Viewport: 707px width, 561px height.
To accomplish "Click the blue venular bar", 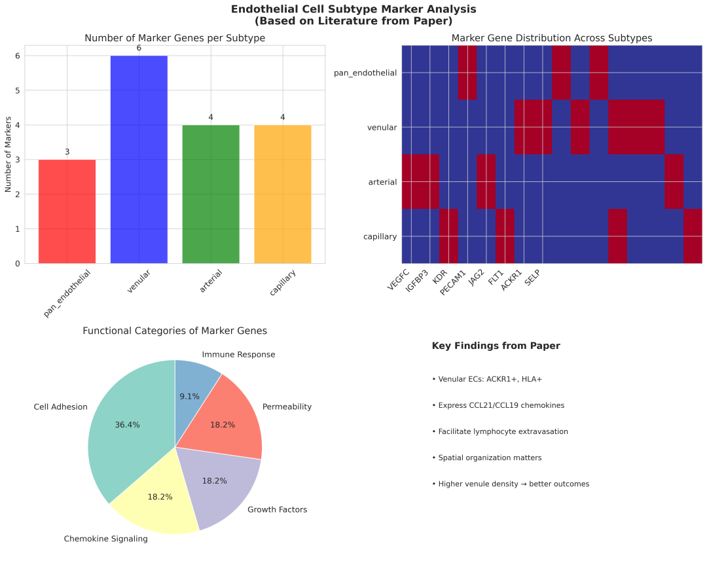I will pyautogui.click(x=139, y=160).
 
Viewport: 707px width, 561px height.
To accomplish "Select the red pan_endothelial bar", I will pyautogui.click(x=67, y=211).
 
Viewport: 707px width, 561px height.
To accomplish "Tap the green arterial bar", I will pyautogui.click(x=211, y=194).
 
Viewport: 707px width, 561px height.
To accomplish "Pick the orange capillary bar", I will pyautogui.click(x=282, y=194).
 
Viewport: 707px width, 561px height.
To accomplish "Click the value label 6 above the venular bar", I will pyautogui.click(x=139, y=48).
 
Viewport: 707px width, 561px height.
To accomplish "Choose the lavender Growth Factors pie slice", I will pyautogui.click(x=219, y=484).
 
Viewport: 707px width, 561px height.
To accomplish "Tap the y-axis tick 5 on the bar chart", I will pyautogui.click(x=17, y=90).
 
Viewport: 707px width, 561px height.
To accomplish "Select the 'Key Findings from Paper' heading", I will pyautogui.click(x=496, y=346).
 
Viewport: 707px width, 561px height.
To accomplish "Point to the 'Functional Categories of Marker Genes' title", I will pyautogui.click(x=175, y=331).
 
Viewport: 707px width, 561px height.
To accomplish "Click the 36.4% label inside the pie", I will pyautogui.click(x=127, y=425).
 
